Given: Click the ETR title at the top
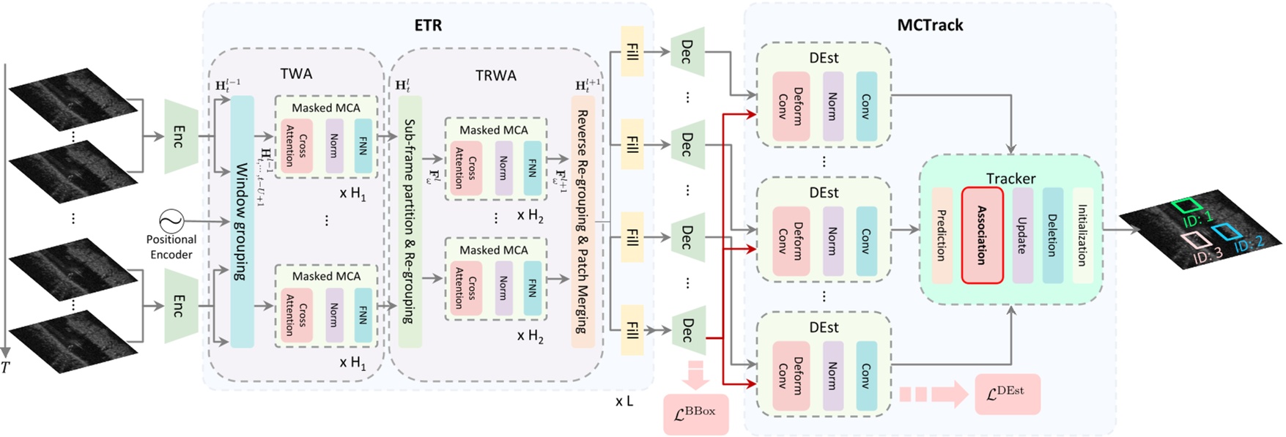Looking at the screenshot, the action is click(x=428, y=26).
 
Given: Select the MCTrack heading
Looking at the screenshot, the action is click(x=930, y=25).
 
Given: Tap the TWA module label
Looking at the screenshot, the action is click(x=296, y=74).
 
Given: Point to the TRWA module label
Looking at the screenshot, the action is click(x=495, y=75).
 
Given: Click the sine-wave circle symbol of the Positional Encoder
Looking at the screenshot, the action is click(x=171, y=220).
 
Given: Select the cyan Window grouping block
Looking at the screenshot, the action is click(x=242, y=222).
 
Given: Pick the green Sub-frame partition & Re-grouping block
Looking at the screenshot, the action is click(x=410, y=222).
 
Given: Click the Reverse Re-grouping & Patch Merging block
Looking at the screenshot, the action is click(x=583, y=222).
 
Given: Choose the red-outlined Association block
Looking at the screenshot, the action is click(x=982, y=235).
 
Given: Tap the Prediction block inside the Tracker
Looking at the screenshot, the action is click(x=942, y=235).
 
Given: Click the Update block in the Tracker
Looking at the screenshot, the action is click(x=1022, y=235).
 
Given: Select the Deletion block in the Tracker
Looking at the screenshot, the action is click(x=1052, y=235).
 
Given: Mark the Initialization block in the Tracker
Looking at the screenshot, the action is click(x=1082, y=235).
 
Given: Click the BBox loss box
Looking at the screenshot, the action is click(x=695, y=414).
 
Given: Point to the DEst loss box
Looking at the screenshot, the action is click(x=1008, y=394).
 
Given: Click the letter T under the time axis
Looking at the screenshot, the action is click(x=6, y=367).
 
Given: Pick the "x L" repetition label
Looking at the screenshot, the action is click(x=624, y=401).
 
